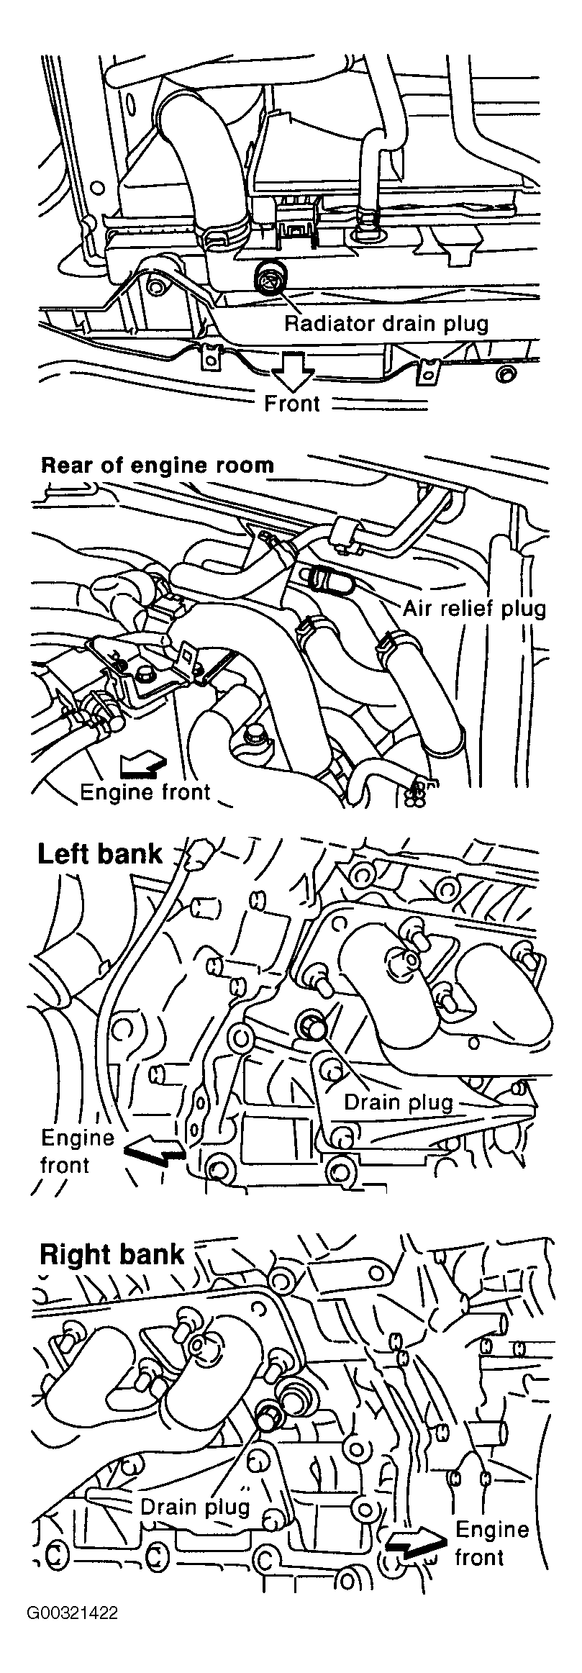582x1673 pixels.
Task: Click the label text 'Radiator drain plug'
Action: [386, 323]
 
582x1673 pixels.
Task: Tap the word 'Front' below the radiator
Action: [291, 404]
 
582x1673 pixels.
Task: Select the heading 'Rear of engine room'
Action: [158, 465]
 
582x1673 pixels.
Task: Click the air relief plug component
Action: [322, 576]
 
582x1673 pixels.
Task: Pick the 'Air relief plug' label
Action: [474, 609]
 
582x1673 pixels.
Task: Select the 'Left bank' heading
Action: [100, 854]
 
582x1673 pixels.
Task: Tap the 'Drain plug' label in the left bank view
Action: [399, 1102]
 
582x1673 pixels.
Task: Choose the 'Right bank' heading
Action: [112, 1254]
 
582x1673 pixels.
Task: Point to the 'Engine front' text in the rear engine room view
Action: [145, 792]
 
